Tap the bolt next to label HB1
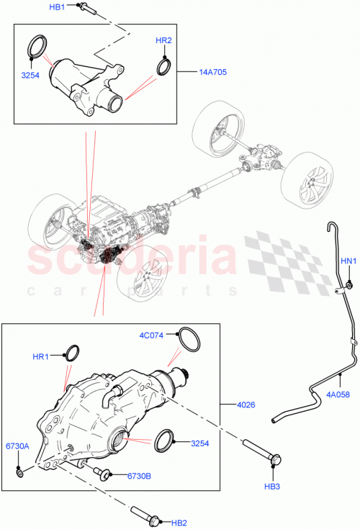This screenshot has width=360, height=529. [83, 9]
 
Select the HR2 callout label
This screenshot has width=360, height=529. [163, 40]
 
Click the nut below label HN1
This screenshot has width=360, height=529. [347, 286]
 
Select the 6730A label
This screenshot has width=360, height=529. [17, 447]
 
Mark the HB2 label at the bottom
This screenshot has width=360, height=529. [179, 522]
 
